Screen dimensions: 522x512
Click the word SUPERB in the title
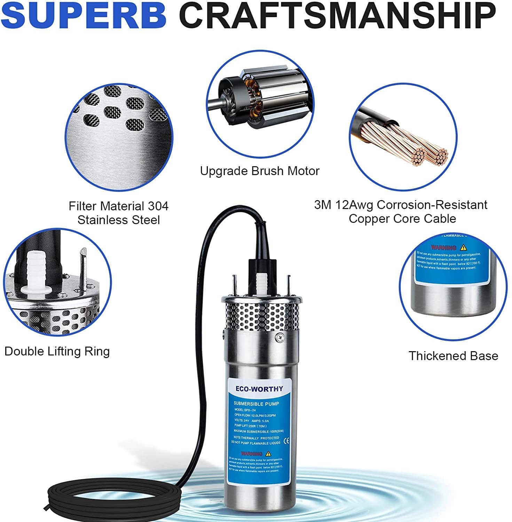click(84, 16)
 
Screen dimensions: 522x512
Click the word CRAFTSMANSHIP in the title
click(337, 16)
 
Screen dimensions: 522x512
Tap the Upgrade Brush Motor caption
click(259, 171)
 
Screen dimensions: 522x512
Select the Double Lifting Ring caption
click(57, 351)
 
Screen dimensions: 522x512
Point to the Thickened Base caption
click(453, 356)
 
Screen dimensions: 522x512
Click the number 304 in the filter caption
click(158, 206)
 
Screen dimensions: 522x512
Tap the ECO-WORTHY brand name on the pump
click(259, 389)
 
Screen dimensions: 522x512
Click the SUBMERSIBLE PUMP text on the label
click(256, 404)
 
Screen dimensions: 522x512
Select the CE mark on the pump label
click(286, 441)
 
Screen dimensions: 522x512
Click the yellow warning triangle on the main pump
click(268, 453)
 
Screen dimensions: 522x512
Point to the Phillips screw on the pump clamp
click(279, 337)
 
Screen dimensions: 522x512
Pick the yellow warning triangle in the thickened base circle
click(463, 247)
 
